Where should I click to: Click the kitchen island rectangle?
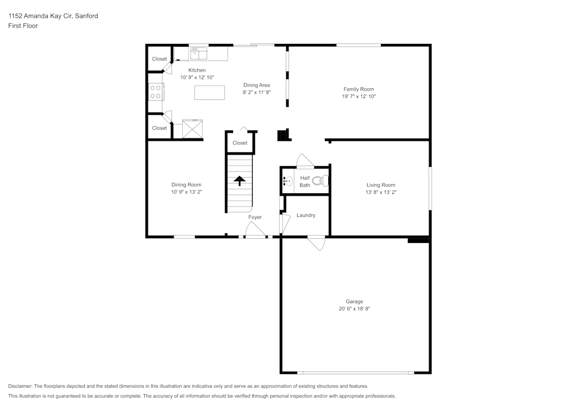[209, 92]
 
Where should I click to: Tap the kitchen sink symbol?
[199, 53]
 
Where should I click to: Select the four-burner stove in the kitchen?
[155, 92]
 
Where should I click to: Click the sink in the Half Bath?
[287, 181]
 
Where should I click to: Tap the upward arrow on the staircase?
[239, 181]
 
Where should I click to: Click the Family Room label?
[358, 89]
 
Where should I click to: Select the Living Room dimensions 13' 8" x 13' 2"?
[380, 192]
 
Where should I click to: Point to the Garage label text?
[354, 301]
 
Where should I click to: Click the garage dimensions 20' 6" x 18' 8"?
[354, 309]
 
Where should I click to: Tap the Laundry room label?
[306, 215]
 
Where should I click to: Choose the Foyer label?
[255, 217]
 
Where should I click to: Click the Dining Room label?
[186, 185]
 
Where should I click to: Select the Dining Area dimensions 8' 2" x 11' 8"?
[256, 92]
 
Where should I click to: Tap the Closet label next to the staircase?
[240, 143]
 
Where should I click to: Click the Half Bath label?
[305, 182]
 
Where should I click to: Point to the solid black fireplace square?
[283, 135]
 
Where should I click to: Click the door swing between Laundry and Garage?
[316, 243]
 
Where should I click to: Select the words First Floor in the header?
[23, 26]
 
